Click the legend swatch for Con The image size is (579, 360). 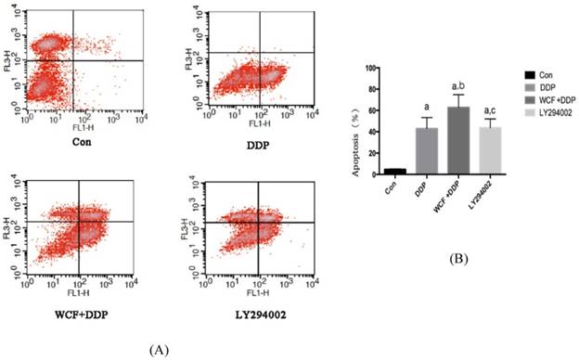[529, 74]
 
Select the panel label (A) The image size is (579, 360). [158, 348]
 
